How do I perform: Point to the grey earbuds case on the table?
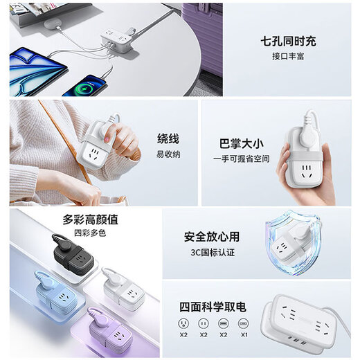point(54,24)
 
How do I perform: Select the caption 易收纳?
point(168,154)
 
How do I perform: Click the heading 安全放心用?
point(212,236)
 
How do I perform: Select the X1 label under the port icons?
point(243,334)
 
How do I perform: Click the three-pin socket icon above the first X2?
point(183,323)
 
